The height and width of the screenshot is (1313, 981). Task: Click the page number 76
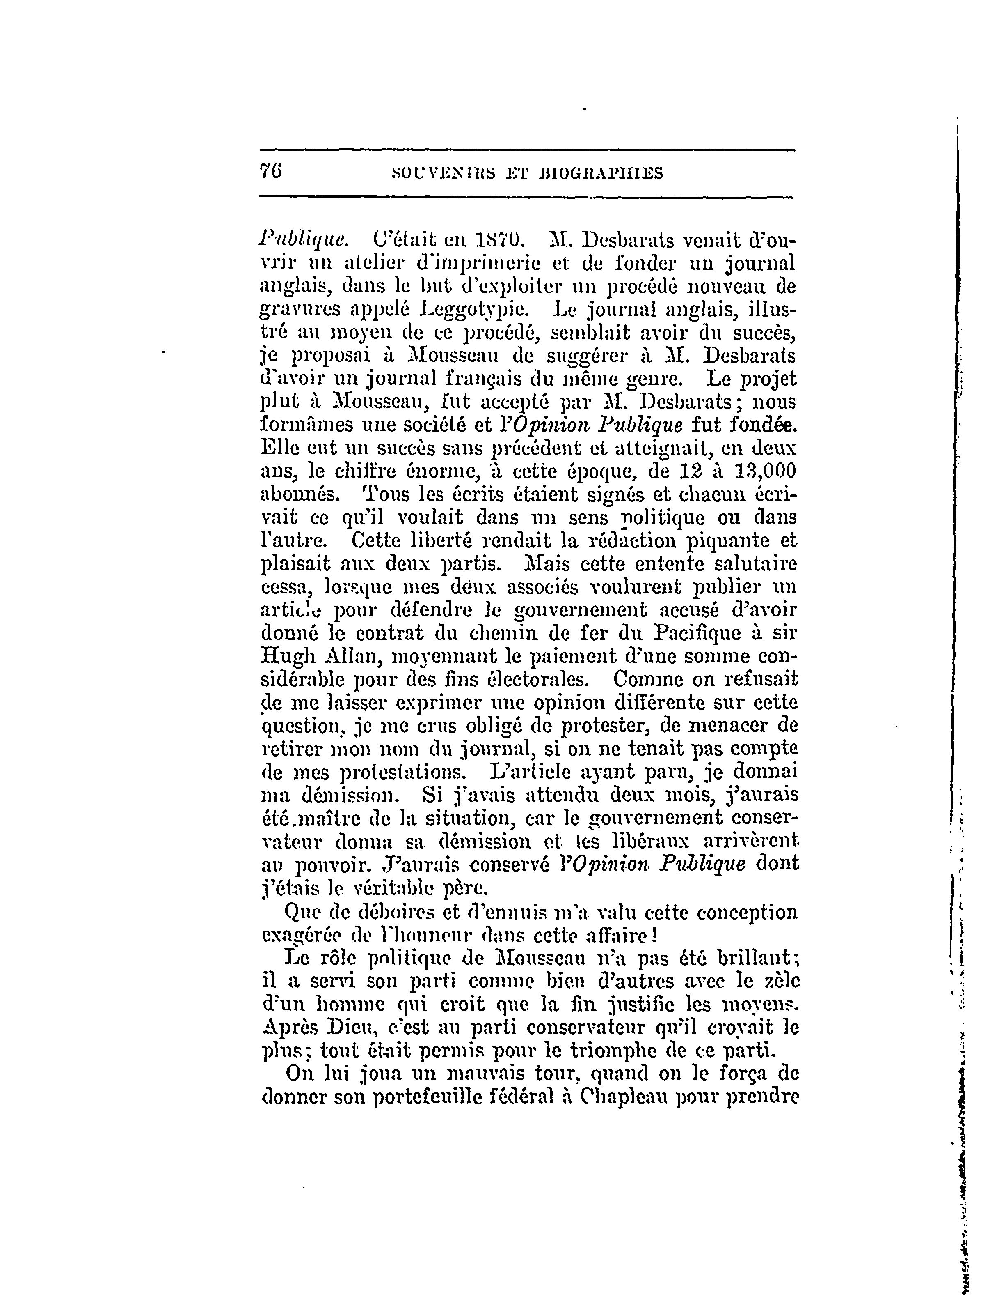click(x=272, y=172)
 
